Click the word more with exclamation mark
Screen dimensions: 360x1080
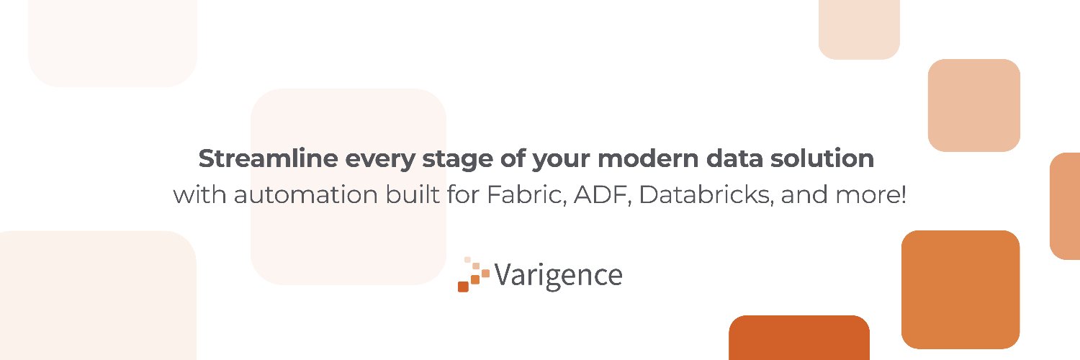[876, 195]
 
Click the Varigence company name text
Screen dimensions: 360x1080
[558, 275]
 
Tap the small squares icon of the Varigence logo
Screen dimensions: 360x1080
[473, 274]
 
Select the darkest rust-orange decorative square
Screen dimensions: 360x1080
[798, 338]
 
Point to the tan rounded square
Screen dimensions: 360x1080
[973, 105]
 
